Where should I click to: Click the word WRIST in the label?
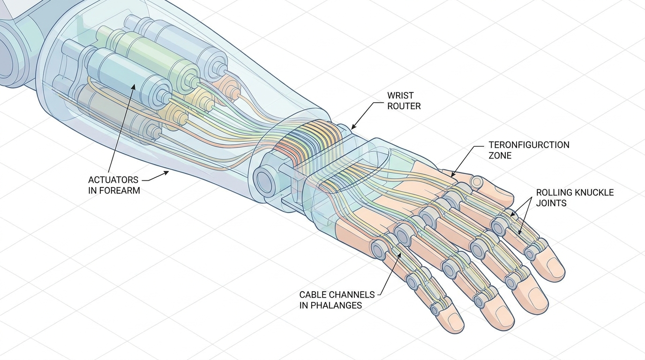pyautogui.click(x=400, y=95)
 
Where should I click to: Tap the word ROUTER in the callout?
pyautogui.click(x=404, y=106)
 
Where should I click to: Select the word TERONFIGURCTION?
pyautogui.click(x=529, y=145)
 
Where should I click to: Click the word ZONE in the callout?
pyautogui.click(x=500, y=156)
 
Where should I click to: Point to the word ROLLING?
pyautogui.click(x=554, y=192)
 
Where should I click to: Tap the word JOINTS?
pyautogui.click(x=551, y=203)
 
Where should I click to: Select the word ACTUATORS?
pyautogui.click(x=113, y=180)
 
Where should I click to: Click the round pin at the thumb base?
pyautogui.click(x=476, y=182)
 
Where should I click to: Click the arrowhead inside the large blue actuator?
pyautogui.click(x=133, y=86)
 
